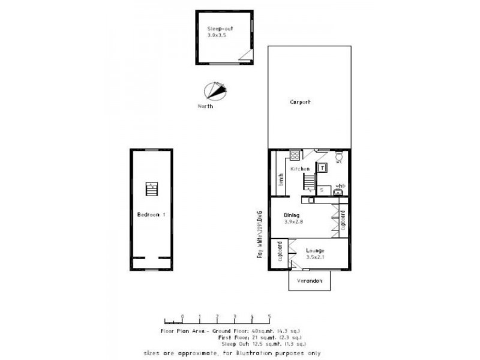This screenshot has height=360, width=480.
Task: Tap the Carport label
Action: coord(300,102)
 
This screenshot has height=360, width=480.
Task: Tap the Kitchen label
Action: coord(300,170)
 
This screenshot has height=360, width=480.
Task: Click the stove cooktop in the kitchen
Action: coord(295,157)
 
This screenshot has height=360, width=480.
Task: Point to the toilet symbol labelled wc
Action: coord(338,158)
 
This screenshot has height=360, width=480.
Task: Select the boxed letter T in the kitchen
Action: coord(322,169)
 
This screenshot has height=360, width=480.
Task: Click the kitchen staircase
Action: coord(308,181)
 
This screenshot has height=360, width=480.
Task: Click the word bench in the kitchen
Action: coord(280,181)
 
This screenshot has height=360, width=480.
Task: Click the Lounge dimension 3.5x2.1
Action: coord(314,257)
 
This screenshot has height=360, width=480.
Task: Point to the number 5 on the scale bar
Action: coord(269,316)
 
